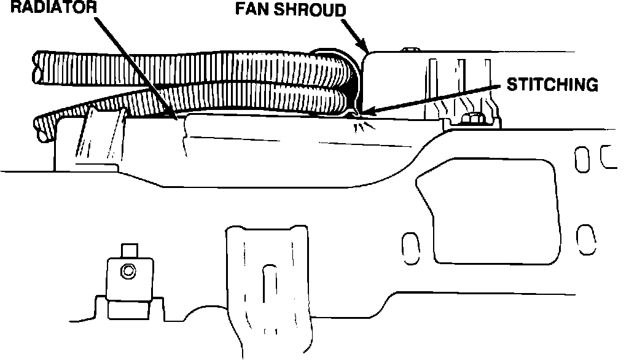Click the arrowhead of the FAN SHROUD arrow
[x=365, y=49]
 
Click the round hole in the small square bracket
[x=128, y=270]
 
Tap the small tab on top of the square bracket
[x=128, y=251]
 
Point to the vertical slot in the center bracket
[x=268, y=283]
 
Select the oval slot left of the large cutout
[x=406, y=246]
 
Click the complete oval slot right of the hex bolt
[x=580, y=158]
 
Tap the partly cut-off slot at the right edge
[x=608, y=157]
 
